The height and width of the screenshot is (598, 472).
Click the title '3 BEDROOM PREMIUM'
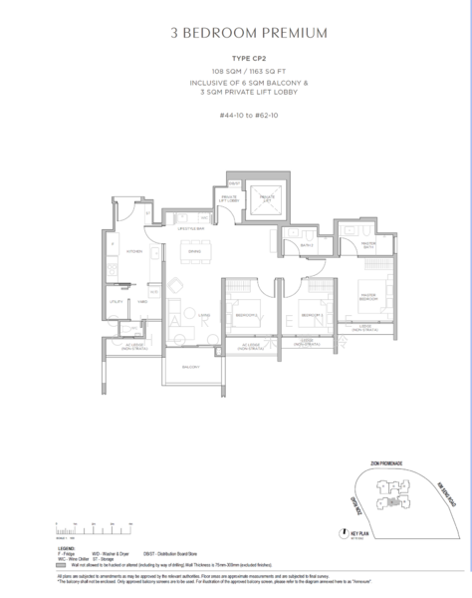tap(236, 34)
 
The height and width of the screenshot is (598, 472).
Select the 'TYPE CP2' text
tap(236, 60)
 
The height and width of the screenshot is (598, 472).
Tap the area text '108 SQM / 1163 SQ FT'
tap(236, 73)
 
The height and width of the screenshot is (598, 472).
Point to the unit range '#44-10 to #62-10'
tap(236, 115)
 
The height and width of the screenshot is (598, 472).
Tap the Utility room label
tap(117, 299)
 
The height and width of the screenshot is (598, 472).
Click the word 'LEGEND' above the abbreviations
tap(65, 547)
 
